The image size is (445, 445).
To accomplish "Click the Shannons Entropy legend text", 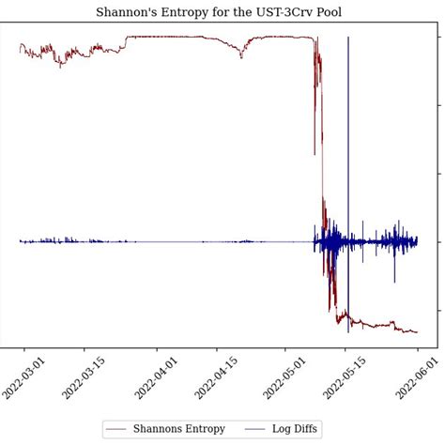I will [x=178, y=429].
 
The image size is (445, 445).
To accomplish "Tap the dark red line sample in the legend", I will [x=116, y=429].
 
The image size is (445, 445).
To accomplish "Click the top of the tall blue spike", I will [x=348, y=38].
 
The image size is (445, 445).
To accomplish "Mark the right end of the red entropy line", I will [x=417, y=332].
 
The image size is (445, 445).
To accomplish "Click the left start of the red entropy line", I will [x=20, y=44].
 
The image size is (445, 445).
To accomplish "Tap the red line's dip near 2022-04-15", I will [x=241, y=57].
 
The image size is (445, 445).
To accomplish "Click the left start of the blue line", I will [x=20, y=241].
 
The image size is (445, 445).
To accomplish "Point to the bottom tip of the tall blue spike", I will [x=348, y=331].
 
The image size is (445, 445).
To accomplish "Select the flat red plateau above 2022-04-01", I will [x=164, y=37].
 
